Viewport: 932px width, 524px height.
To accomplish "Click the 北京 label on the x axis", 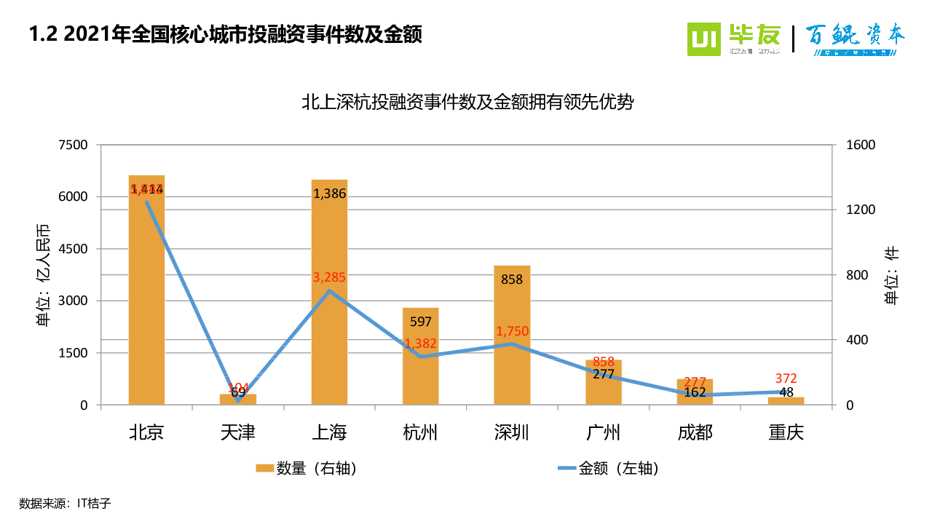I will click(x=146, y=433).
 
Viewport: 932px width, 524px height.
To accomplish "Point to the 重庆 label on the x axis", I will click(x=786, y=433).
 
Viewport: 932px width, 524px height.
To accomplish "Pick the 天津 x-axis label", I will click(x=237, y=433).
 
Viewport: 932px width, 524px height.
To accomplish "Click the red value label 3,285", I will click(x=329, y=277).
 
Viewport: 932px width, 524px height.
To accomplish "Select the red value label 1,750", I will click(x=512, y=332).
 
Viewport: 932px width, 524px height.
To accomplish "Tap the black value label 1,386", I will click(x=329, y=194).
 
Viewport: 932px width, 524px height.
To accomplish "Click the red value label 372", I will click(x=786, y=378).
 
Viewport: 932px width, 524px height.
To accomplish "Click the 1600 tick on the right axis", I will click(x=861, y=145).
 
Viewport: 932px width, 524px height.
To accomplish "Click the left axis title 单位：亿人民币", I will click(x=43, y=274).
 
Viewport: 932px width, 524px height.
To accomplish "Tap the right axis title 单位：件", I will click(x=891, y=275).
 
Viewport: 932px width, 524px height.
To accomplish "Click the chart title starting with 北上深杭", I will click(x=467, y=103).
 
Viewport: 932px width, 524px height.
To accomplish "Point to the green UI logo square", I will click(x=704, y=39).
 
